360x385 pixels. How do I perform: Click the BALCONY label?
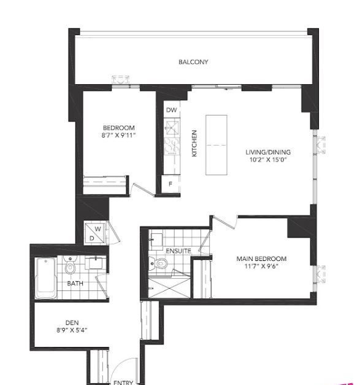point(193,62)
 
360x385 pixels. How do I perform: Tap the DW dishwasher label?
point(172,110)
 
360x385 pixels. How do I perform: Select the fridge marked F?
point(170,184)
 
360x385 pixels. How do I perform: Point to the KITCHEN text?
point(194,143)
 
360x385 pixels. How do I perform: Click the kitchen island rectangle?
point(216,145)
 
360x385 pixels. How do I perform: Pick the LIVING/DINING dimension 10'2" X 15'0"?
point(268,160)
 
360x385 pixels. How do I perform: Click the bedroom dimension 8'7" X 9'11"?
point(119,135)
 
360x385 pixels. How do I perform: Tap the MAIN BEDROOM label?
point(261,259)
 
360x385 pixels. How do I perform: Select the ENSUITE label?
point(178,251)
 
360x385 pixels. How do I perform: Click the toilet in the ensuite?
point(158,263)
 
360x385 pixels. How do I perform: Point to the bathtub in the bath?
point(46,278)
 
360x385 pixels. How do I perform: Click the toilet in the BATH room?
point(70,265)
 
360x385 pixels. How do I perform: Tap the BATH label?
point(75,283)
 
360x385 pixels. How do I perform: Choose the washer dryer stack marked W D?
point(94,233)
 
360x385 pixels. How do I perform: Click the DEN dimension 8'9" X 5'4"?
point(72,330)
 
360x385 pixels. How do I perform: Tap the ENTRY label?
point(123,382)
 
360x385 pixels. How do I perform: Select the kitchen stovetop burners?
point(172,146)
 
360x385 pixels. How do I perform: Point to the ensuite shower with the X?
point(169,287)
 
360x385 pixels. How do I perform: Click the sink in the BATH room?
point(96,263)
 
